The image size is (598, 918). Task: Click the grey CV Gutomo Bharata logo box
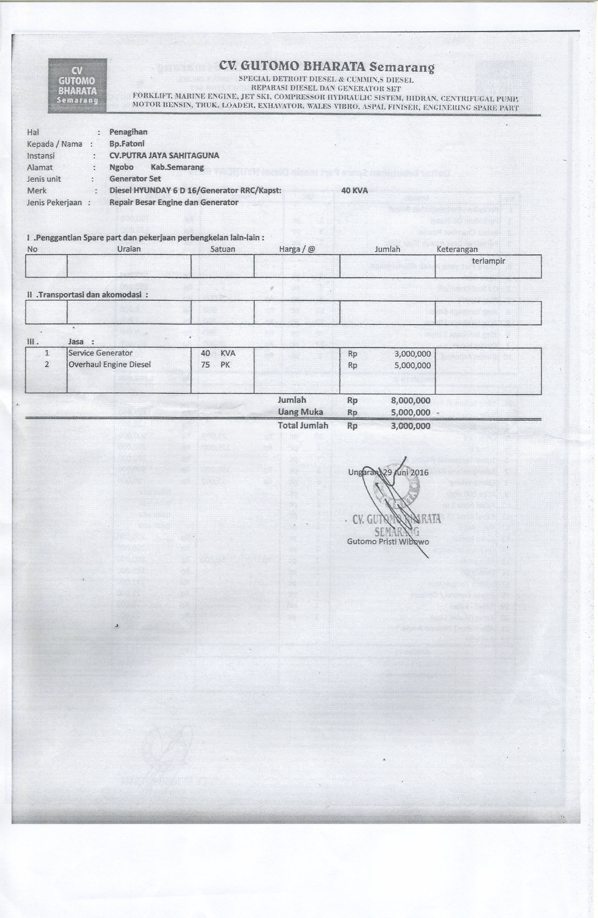pos(78,86)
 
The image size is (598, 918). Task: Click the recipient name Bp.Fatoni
pos(127,143)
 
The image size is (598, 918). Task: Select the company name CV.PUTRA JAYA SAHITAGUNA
pos(164,155)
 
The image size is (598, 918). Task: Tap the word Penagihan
pos(128,132)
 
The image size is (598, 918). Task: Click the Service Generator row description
pos(100,353)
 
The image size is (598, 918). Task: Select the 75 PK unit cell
pos(215,364)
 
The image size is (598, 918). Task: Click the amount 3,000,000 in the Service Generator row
pos(412,354)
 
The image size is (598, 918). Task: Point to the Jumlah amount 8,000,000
pos(410,401)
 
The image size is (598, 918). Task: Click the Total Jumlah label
pos(303,425)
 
